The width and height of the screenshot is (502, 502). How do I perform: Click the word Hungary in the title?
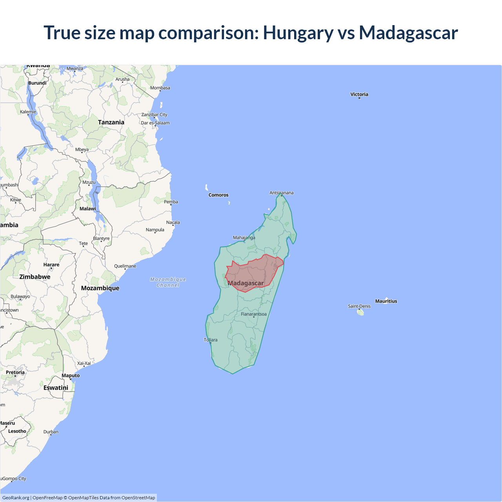coord(298,33)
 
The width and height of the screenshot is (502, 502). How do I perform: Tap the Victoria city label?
coord(359,94)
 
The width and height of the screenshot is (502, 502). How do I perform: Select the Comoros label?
coord(218,195)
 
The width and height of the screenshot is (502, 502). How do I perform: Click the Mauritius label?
coord(386,301)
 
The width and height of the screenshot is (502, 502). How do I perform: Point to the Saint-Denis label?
coord(359,306)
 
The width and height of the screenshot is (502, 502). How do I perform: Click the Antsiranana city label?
coord(281,193)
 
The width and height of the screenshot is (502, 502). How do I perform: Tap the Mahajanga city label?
coord(244,238)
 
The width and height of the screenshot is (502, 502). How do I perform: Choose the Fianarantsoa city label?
coord(254,314)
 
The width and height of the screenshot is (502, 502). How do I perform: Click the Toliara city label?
coord(211,340)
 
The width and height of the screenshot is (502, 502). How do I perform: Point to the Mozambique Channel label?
coord(168,282)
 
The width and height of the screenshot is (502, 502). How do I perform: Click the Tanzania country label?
coord(111,122)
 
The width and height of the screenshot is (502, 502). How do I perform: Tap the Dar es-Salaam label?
coord(155,123)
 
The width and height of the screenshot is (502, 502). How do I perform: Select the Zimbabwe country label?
coord(35,277)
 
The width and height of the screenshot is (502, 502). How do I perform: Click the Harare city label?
coord(51,265)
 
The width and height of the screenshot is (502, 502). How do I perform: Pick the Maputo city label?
coord(71,376)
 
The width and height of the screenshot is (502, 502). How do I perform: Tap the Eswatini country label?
coord(56,388)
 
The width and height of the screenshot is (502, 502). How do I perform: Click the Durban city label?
coord(51,432)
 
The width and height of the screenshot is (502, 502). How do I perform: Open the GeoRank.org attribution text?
coord(16,498)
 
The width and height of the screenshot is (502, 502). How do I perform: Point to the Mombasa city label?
coord(160,88)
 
